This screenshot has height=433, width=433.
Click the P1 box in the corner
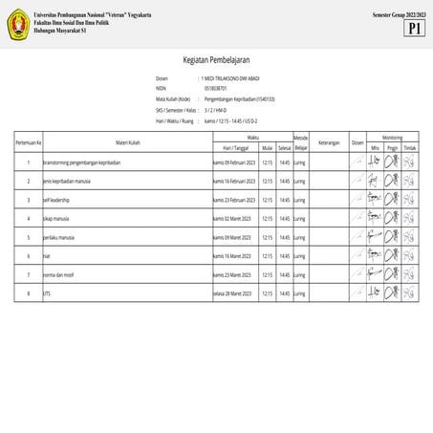[414, 29]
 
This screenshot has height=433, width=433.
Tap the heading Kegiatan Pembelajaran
[216, 58]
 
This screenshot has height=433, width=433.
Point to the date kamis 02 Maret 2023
[232, 219]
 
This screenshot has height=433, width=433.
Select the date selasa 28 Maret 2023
[232, 293]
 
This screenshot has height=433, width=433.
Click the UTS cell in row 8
[48, 293]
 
